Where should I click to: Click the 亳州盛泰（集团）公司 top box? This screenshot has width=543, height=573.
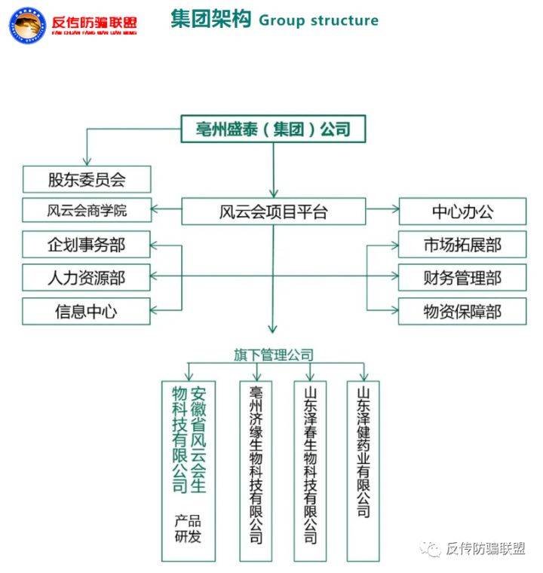273,130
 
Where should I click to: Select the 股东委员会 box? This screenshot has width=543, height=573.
87,179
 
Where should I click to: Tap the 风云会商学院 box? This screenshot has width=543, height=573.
87,211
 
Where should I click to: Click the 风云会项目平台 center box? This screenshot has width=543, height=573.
274,212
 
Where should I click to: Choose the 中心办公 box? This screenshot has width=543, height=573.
462,212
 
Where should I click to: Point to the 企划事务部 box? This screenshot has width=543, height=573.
87,245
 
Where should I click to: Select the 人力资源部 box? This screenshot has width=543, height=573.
87,278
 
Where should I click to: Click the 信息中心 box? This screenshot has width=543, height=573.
87,311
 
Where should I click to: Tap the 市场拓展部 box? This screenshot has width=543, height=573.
462,245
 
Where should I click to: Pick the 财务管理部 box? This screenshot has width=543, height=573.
462,278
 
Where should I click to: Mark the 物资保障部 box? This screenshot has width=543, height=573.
462,311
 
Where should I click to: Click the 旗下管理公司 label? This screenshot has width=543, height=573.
273,354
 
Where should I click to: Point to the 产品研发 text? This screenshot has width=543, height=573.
189,529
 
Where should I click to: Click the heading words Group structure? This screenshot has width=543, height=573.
318,20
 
